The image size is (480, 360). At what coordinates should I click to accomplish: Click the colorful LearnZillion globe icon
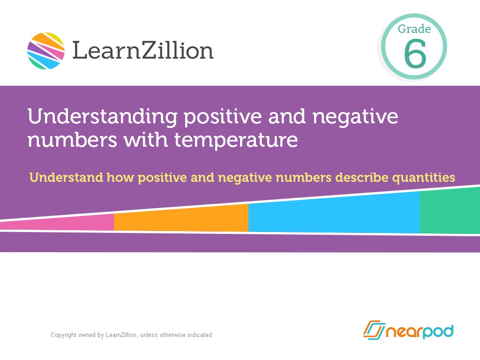(46, 51)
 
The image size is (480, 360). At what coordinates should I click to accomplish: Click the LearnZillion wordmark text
(142, 51)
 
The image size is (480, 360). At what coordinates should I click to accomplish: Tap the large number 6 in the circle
(415, 54)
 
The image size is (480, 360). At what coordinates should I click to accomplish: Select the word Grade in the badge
(414, 29)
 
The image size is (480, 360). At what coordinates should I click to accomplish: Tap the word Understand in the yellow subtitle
(66, 178)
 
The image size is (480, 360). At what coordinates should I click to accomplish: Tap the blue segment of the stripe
(334, 213)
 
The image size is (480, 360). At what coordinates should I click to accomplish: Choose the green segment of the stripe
(450, 211)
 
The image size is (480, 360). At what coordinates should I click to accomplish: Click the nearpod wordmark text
(419, 331)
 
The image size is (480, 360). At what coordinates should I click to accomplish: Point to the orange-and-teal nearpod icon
(374, 330)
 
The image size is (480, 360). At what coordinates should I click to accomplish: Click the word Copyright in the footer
(63, 335)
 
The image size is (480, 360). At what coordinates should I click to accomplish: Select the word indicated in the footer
(200, 335)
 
